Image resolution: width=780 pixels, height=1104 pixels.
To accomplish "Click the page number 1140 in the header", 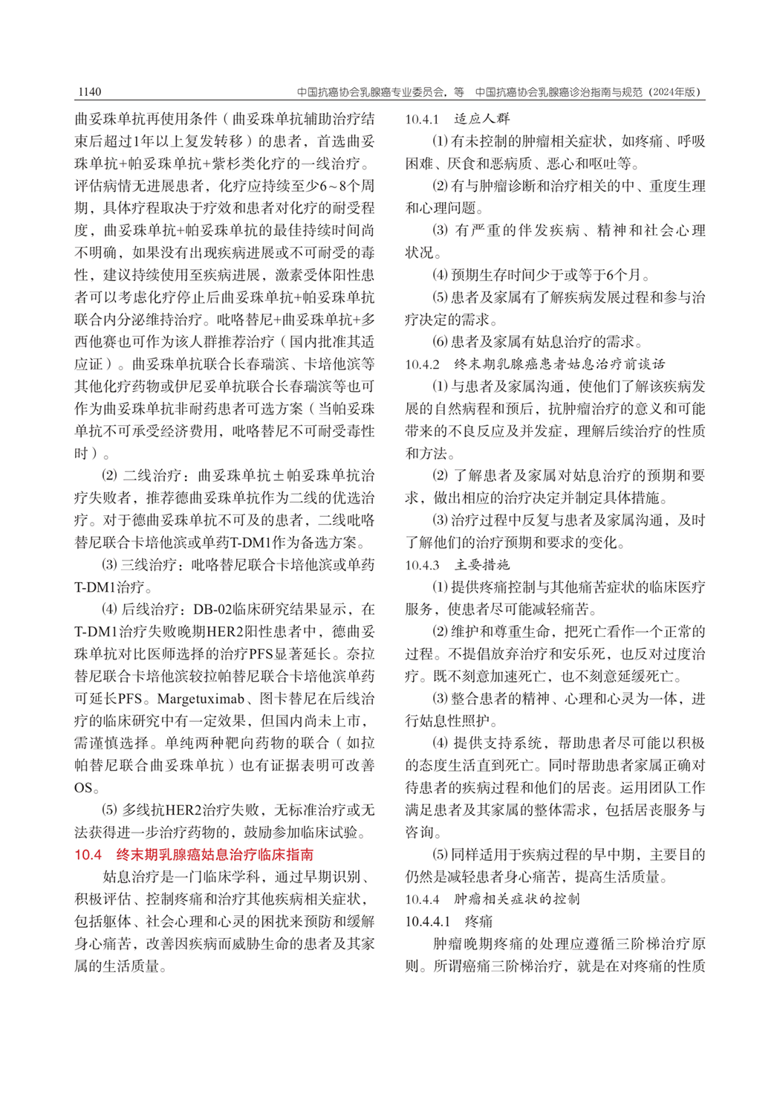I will click(88, 92).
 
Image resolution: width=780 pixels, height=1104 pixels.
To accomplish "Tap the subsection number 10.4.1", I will click(422, 119).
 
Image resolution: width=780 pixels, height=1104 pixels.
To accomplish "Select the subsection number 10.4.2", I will click(422, 364).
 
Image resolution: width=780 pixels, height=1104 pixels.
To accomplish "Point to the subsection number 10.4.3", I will click(422, 565).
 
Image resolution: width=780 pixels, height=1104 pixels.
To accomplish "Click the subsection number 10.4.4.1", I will click(427, 922).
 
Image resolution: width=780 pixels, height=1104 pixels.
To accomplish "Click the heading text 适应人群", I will click(482, 119).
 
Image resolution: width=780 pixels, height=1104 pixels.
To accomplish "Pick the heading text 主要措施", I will click(482, 565).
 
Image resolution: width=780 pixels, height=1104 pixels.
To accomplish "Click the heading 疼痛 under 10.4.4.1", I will click(478, 922).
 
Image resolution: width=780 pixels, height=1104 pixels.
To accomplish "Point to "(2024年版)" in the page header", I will click(674, 92).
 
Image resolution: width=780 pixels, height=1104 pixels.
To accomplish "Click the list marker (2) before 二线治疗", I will click(109, 476).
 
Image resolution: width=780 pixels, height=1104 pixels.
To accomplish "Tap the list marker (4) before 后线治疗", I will click(109, 610).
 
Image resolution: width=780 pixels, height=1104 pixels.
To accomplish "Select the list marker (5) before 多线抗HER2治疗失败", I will click(109, 810).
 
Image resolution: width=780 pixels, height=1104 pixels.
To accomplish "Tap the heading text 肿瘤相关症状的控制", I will click(517, 900).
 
